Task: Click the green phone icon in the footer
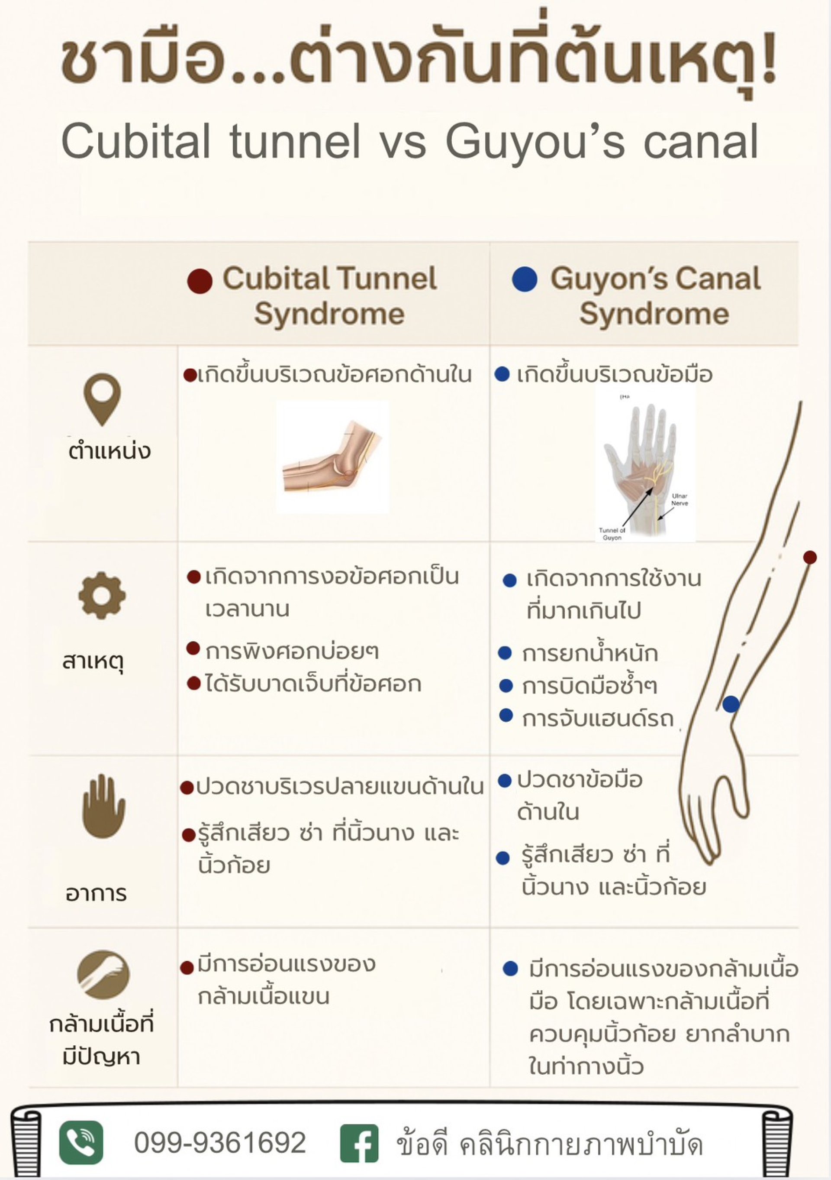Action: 81,1142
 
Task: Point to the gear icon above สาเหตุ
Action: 102,596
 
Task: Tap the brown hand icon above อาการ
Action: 103,806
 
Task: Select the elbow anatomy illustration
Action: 332,457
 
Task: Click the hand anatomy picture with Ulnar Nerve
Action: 645,466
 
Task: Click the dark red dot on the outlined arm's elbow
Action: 810,557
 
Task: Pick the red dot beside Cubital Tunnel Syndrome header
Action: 200,281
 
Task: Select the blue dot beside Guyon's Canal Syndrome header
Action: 525,279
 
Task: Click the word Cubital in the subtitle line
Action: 135,141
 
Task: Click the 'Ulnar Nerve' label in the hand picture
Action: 680,499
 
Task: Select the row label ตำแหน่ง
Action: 110,451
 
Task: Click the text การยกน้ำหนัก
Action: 589,653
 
